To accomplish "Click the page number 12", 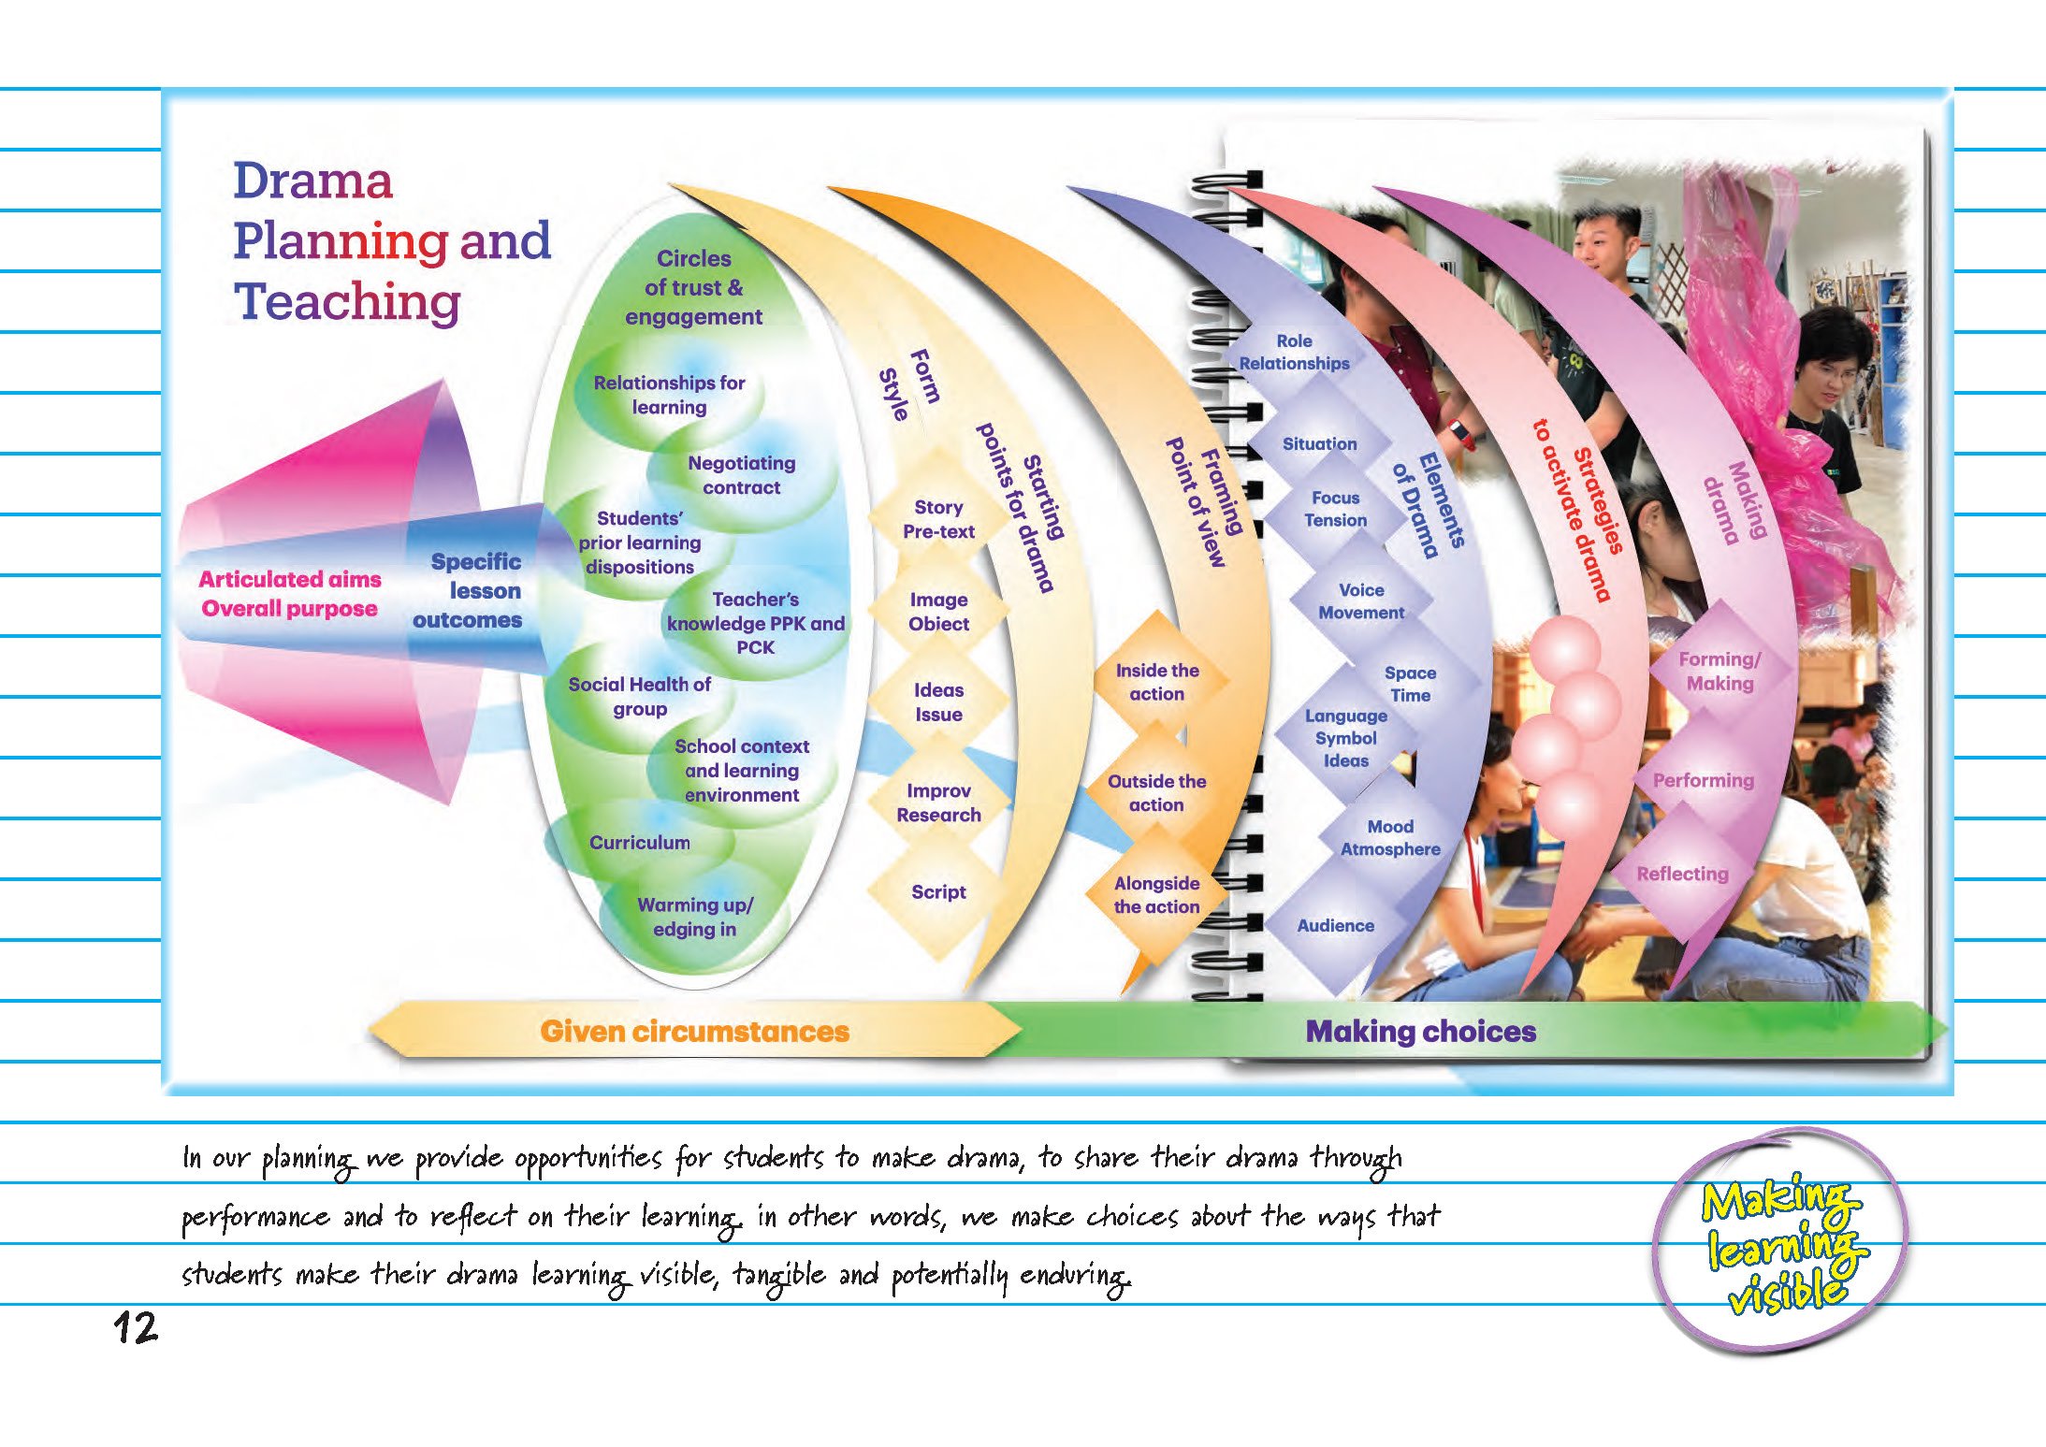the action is (x=137, y=1327).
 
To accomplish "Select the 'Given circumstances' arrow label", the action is (x=694, y=1031).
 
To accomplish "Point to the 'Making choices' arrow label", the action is (x=1420, y=1031).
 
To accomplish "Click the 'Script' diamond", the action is (x=938, y=891).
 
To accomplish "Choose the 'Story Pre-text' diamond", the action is (x=938, y=519).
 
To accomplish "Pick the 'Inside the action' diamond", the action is (x=1157, y=682).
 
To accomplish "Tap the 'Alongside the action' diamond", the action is (x=1156, y=894).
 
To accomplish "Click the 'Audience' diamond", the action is (x=1335, y=925).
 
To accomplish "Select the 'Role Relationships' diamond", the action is (x=1294, y=352).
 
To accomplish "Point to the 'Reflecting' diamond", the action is (x=1682, y=874).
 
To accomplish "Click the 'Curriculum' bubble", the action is (x=640, y=842).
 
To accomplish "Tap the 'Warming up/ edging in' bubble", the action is (x=694, y=917).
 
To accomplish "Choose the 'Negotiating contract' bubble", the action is (x=741, y=474).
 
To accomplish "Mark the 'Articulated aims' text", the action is (x=290, y=579).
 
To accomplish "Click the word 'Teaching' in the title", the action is (x=347, y=301).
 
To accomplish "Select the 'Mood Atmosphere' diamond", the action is (x=1390, y=837).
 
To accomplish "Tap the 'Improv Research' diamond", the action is (x=938, y=803).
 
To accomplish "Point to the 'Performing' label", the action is (x=1703, y=780).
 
